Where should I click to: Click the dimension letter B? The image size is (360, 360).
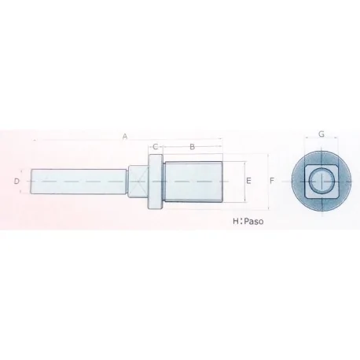pyautogui.click(x=193, y=147)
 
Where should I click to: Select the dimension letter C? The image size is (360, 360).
pyautogui.click(x=156, y=147)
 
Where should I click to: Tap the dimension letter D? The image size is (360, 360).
pyautogui.click(x=17, y=182)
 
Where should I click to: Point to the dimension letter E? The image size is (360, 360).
pyautogui.click(x=248, y=182)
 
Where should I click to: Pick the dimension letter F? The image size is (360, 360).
pyautogui.click(x=271, y=182)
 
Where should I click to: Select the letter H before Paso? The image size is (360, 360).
pyautogui.click(x=236, y=222)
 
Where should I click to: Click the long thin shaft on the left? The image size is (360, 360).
pyautogui.click(x=79, y=182)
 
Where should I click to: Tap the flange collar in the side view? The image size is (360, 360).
pyautogui.click(x=156, y=182)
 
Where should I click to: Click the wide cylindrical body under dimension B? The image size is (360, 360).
pyautogui.click(x=195, y=182)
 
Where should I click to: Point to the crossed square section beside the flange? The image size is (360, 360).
pyautogui.click(x=138, y=182)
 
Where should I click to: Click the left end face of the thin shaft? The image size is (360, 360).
pyautogui.click(x=31, y=182)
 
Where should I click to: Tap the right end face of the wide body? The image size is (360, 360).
pyautogui.click(x=224, y=182)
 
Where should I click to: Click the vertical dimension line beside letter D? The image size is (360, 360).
pyautogui.click(x=24, y=182)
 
